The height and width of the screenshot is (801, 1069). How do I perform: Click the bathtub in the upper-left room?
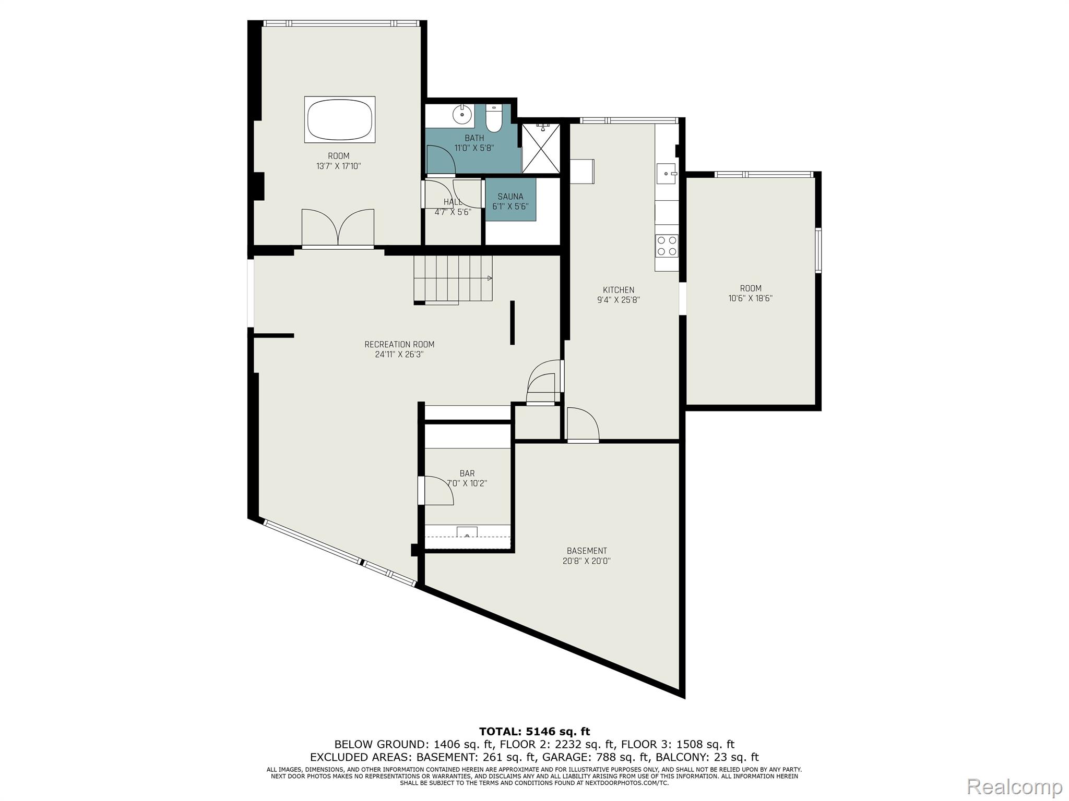click(x=340, y=119)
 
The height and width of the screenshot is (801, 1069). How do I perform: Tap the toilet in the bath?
click(x=493, y=118)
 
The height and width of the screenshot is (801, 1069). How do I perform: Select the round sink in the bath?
click(x=462, y=114)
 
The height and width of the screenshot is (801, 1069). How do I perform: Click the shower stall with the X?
click(x=541, y=148)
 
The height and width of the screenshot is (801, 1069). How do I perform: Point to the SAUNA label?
click(x=510, y=197)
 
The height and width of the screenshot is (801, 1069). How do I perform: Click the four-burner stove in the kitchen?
click(x=667, y=246)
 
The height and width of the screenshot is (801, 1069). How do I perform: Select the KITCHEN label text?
click(x=619, y=290)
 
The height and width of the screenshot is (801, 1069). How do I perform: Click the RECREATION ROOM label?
click(x=399, y=344)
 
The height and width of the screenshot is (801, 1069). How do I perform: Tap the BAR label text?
click(x=467, y=474)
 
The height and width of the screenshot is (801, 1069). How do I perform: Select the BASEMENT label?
click(x=587, y=551)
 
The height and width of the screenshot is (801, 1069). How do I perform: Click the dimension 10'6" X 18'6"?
click(x=751, y=298)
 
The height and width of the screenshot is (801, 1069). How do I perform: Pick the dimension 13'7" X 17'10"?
click(x=339, y=166)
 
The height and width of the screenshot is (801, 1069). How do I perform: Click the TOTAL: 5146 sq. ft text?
click(x=534, y=732)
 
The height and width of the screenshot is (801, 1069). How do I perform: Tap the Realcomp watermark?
click(x=1015, y=786)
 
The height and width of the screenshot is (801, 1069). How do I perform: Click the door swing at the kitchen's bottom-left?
click(x=583, y=424)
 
